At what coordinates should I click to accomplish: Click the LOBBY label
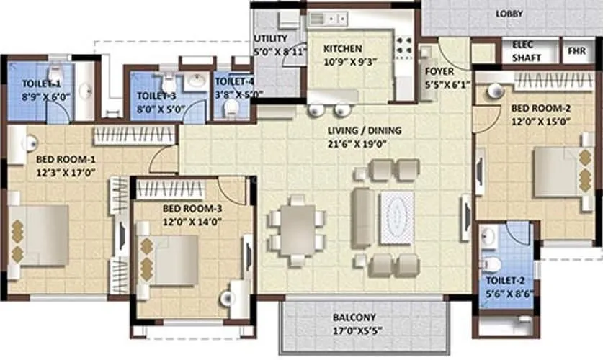[x=509, y=14]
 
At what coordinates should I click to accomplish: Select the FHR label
[x=576, y=51]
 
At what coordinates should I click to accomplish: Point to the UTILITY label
[x=271, y=39]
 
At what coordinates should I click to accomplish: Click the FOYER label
[x=438, y=71]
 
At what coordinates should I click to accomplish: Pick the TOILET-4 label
[x=233, y=83]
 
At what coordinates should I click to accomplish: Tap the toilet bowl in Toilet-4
[x=231, y=109]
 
